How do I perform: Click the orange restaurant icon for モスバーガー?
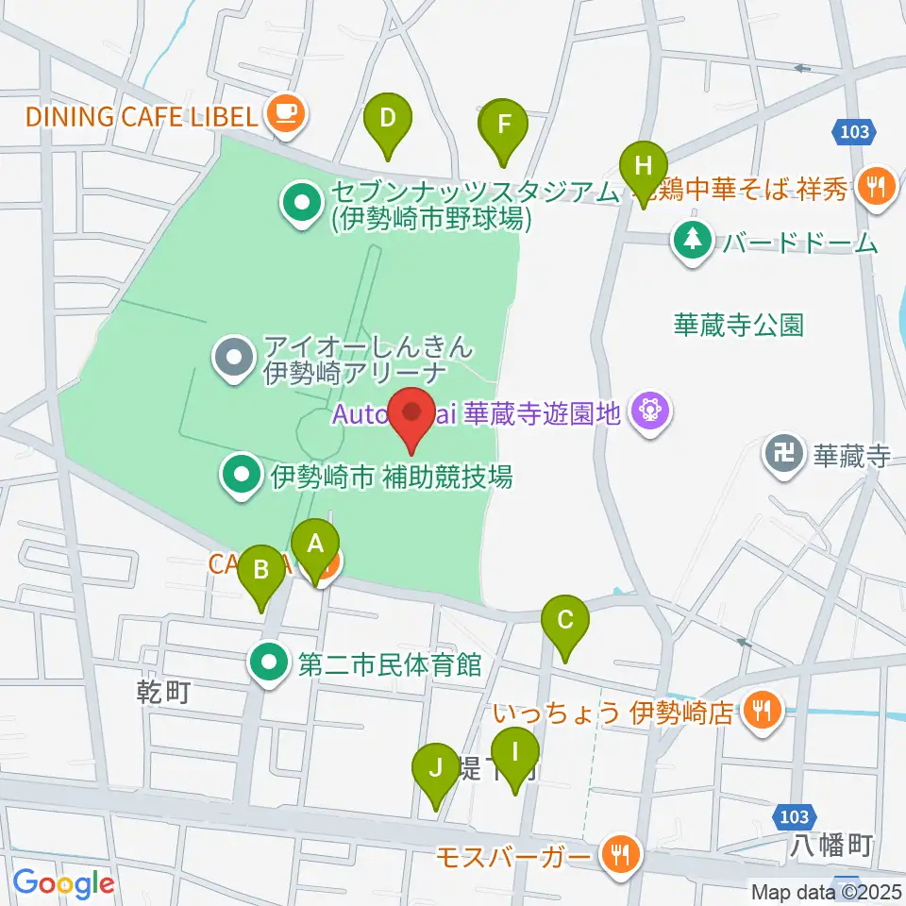(620, 856)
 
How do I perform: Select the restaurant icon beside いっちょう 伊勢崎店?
(761, 709)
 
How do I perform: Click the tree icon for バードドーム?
(694, 242)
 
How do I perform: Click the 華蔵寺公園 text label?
(738, 326)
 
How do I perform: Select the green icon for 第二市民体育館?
(271, 664)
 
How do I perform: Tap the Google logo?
(64, 883)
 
